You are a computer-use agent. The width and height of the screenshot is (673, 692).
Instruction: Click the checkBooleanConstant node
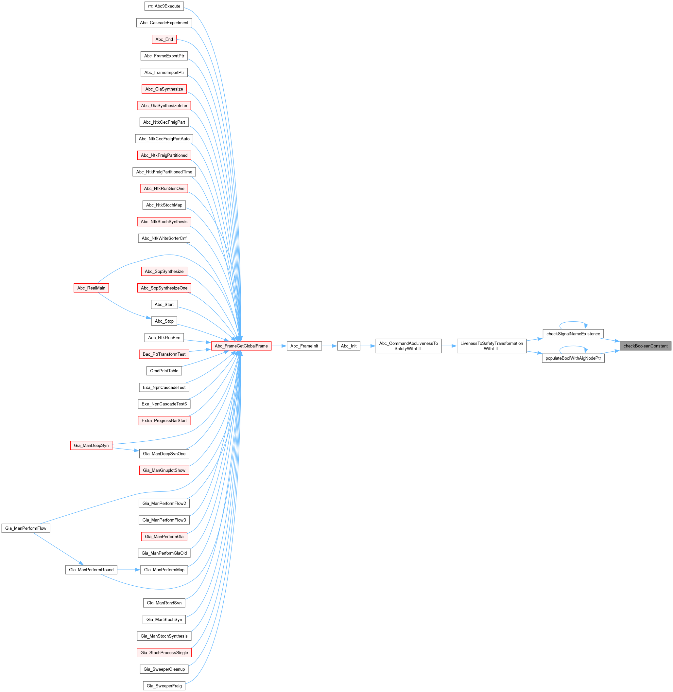645,346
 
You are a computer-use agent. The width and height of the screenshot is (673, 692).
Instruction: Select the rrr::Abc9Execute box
164,6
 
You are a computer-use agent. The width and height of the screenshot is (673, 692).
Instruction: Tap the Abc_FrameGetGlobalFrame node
241,346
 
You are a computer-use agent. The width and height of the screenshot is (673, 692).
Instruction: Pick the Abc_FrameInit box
304,346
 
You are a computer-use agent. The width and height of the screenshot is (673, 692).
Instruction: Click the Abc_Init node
349,346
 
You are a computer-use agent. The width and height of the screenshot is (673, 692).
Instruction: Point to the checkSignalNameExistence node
573,334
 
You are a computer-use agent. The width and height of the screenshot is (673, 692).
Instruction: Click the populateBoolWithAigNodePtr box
573,358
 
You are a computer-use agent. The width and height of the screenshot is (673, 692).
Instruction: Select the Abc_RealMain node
91,288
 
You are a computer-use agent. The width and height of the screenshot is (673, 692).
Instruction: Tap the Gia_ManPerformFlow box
26,528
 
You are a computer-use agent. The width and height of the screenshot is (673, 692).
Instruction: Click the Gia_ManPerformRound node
91,570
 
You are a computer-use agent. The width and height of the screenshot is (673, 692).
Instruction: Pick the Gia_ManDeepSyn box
91,445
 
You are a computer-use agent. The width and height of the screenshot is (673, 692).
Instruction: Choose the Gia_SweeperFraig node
164,686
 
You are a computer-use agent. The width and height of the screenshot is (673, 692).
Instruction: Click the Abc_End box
164,39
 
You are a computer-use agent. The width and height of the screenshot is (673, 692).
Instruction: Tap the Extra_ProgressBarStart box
164,420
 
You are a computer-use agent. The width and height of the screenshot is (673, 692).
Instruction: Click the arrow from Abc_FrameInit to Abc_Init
329,346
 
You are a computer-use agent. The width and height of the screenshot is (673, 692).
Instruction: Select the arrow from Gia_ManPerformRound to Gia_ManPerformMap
129,570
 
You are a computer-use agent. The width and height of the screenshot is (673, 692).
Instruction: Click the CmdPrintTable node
164,371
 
